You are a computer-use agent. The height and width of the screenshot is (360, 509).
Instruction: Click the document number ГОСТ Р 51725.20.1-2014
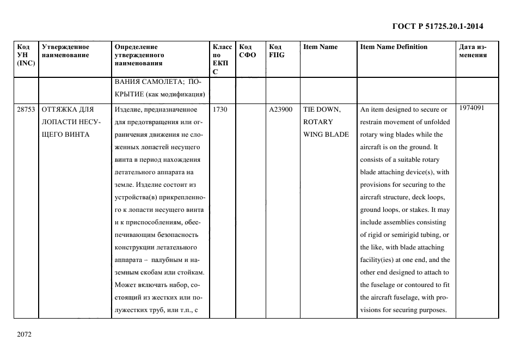point(438,26)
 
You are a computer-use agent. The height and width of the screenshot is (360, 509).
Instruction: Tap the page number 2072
point(24,334)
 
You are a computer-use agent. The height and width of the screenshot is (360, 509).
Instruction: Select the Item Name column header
point(320,47)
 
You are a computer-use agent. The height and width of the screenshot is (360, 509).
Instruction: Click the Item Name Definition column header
point(394,47)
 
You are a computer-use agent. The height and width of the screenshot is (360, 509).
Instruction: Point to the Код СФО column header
point(247,51)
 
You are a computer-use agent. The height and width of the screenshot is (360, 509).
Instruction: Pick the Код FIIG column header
point(277,51)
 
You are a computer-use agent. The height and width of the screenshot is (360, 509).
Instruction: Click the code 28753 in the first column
point(26,109)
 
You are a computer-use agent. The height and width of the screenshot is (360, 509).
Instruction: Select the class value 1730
point(220,109)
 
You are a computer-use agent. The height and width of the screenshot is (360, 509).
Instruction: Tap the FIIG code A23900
point(281,109)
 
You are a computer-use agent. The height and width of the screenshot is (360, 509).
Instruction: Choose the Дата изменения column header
point(473,51)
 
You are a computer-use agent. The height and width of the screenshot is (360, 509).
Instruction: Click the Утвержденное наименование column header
point(65,51)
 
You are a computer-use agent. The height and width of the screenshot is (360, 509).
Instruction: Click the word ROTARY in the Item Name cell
point(318,122)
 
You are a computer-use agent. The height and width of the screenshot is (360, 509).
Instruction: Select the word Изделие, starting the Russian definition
point(128,109)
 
